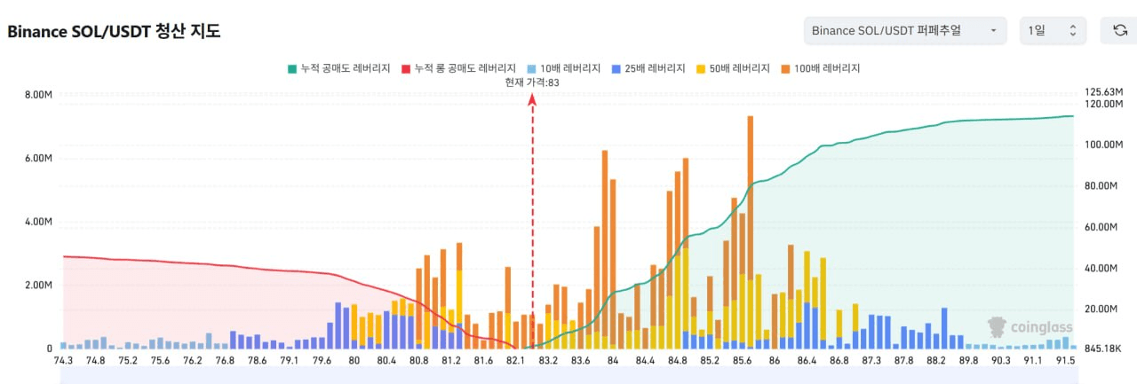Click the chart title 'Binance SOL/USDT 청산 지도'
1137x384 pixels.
click(x=114, y=31)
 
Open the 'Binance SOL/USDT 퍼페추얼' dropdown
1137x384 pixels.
click(x=904, y=31)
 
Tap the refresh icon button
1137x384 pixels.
click(x=1120, y=31)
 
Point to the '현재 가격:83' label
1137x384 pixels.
click(x=532, y=82)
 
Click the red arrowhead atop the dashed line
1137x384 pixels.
click(x=532, y=99)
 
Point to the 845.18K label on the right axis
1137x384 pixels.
click(x=1102, y=349)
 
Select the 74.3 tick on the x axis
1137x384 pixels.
click(x=63, y=361)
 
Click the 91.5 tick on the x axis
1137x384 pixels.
click(x=1066, y=361)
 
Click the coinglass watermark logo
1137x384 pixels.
click(x=1030, y=327)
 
